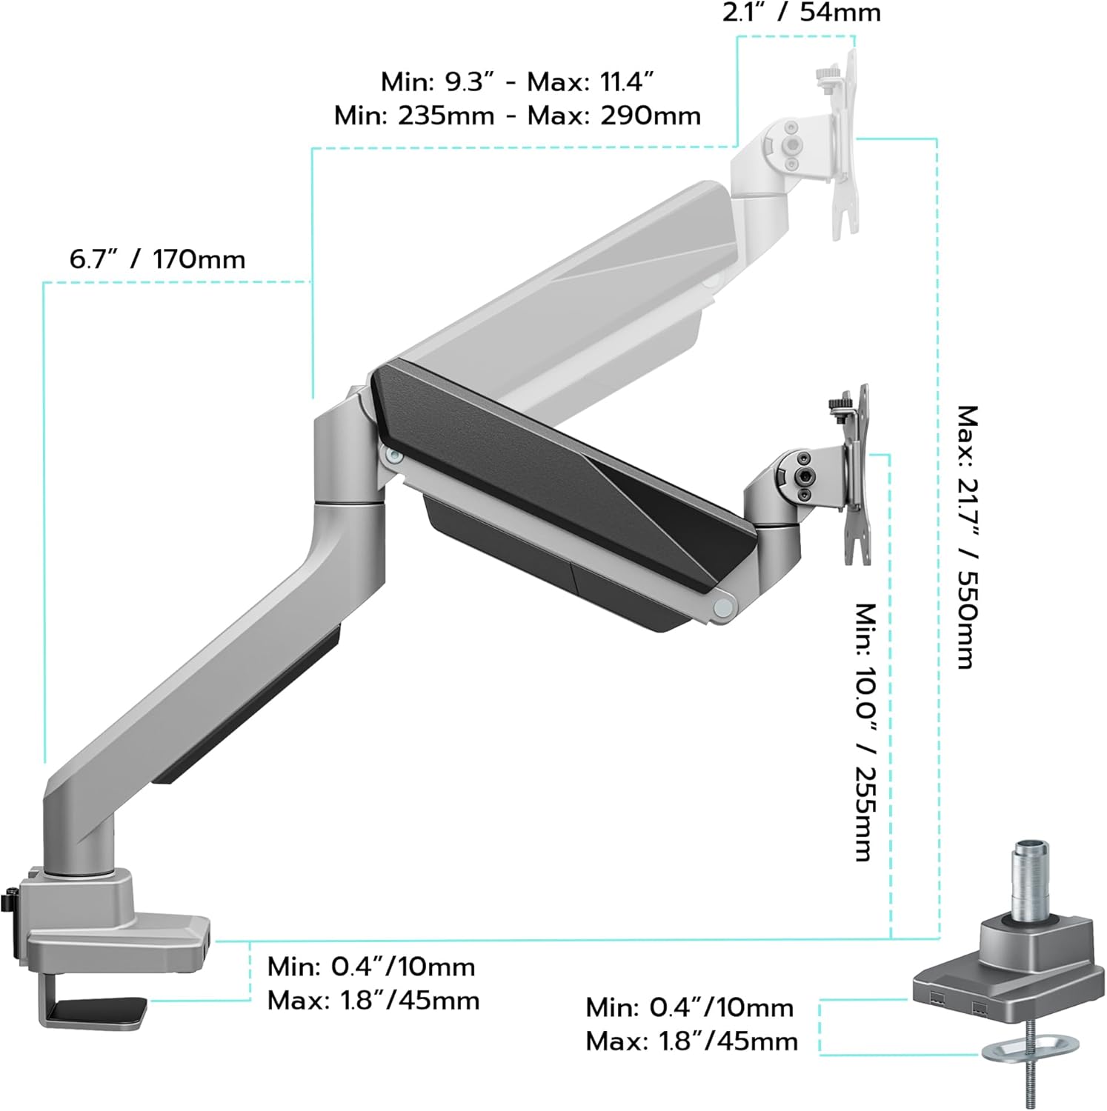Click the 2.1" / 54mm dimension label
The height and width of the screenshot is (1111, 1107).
(802, 13)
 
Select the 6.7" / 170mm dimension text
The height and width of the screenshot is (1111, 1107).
(157, 260)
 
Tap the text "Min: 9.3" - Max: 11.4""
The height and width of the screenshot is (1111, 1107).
(517, 81)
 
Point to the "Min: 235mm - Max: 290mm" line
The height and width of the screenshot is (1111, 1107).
(517, 116)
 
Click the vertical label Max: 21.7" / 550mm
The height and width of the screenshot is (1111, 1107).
(966, 536)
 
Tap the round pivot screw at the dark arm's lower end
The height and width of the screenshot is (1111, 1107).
(720, 606)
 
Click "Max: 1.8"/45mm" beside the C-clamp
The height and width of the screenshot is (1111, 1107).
(373, 1001)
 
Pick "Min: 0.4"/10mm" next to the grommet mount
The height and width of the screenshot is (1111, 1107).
(689, 1007)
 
